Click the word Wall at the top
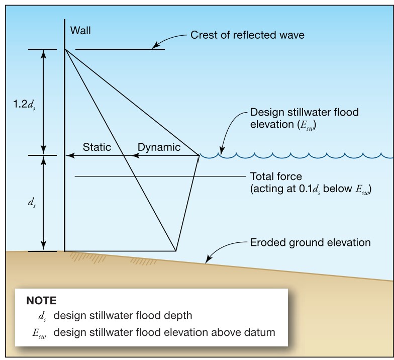click(80, 30)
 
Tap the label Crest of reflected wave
click(247, 35)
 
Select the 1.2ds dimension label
click(24, 105)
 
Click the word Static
click(96, 147)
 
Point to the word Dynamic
click(159, 147)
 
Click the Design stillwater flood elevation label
click(305, 119)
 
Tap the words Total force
click(276, 176)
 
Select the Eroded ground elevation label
click(311, 242)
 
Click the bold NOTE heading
click(41, 301)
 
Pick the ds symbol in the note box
click(42, 316)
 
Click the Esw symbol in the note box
click(39, 333)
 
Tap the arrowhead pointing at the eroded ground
click(208, 259)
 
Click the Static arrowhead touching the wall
click(70, 156)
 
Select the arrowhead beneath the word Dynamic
click(136, 156)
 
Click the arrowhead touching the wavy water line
click(221, 151)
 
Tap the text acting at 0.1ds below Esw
click(311, 189)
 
